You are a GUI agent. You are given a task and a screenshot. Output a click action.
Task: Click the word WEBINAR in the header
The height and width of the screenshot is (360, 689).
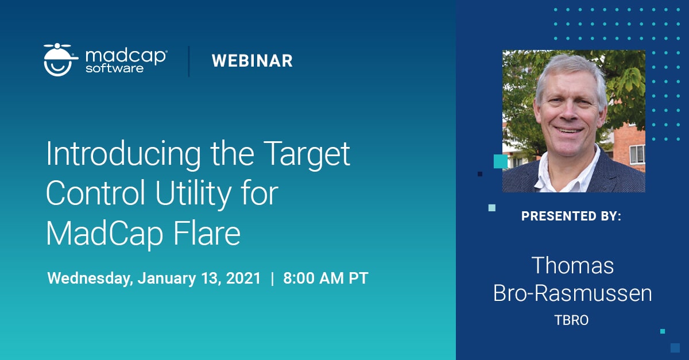[x=252, y=61]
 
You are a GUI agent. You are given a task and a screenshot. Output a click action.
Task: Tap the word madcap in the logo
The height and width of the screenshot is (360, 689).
[x=126, y=56]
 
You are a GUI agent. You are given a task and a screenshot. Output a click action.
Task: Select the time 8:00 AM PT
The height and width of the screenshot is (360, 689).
[x=326, y=278]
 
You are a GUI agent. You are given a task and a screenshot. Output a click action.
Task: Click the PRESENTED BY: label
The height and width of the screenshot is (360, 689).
[x=571, y=216]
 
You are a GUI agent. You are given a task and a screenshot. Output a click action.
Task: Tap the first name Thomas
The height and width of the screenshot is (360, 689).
[x=572, y=265]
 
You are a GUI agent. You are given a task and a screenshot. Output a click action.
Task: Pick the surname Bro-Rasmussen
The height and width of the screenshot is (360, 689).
[x=572, y=293]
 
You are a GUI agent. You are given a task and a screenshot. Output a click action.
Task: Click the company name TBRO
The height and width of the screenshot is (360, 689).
[x=571, y=320]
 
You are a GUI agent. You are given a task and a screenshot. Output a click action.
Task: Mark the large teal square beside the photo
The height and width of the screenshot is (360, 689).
[x=500, y=161]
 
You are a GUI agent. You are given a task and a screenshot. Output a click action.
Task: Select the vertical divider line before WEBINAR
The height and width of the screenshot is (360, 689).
[x=189, y=61]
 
